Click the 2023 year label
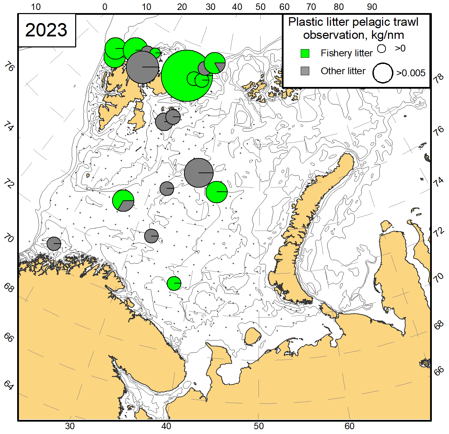point(46,30)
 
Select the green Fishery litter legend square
point(305,53)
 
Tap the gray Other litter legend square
point(305,71)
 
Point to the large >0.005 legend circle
point(383,73)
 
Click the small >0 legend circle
point(381,48)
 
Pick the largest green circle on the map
point(186,76)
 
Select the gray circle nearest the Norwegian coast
point(54,244)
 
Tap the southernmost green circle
point(174,283)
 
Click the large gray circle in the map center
point(199,173)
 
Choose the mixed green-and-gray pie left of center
point(123,200)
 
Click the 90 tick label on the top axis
point(372,7)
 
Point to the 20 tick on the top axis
point(182,7)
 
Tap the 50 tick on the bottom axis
point(259,426)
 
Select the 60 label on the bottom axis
point(349,426)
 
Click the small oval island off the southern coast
point(253,336)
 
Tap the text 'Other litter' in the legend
point(343,71)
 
